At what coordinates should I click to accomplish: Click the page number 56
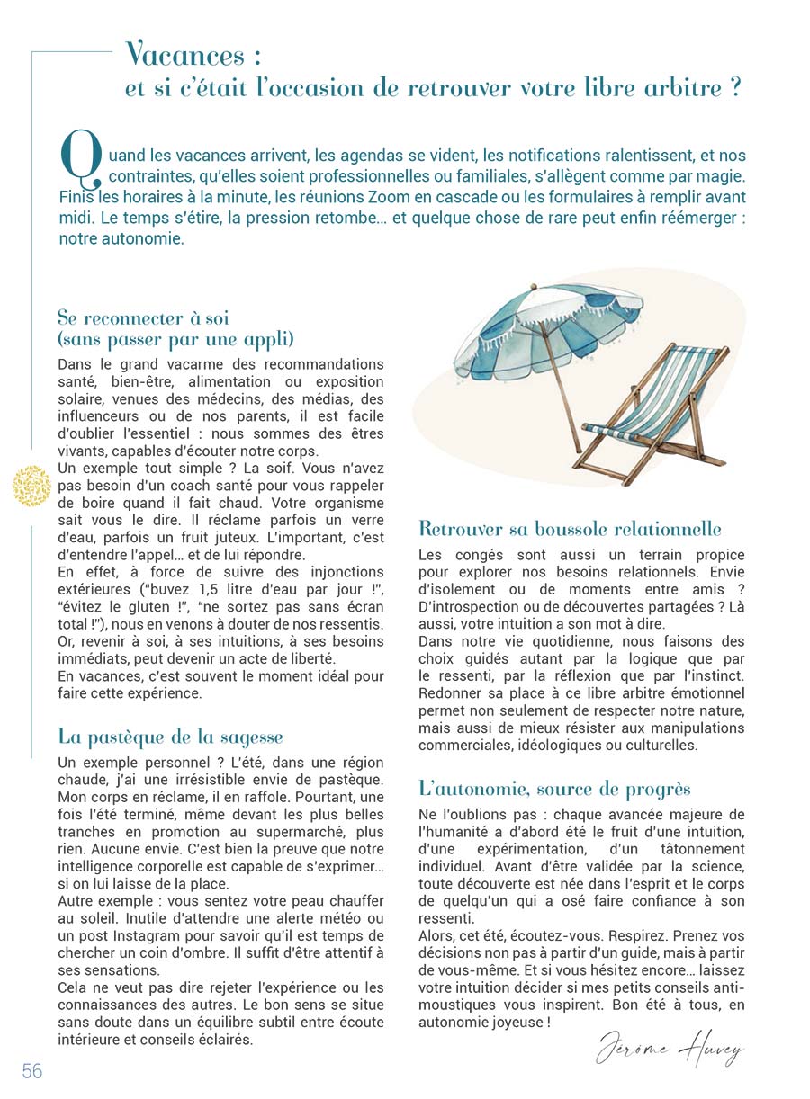pos(32,1070)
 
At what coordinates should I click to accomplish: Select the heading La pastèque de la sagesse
pos(170,737)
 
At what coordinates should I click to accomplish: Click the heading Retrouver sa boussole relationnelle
pos(570,529)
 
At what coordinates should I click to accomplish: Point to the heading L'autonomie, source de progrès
pos(554,789)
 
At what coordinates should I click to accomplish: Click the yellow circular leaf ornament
pos(32,486)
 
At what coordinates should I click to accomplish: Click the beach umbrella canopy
pos(531,328)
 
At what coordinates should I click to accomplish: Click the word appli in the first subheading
pos(269,340)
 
